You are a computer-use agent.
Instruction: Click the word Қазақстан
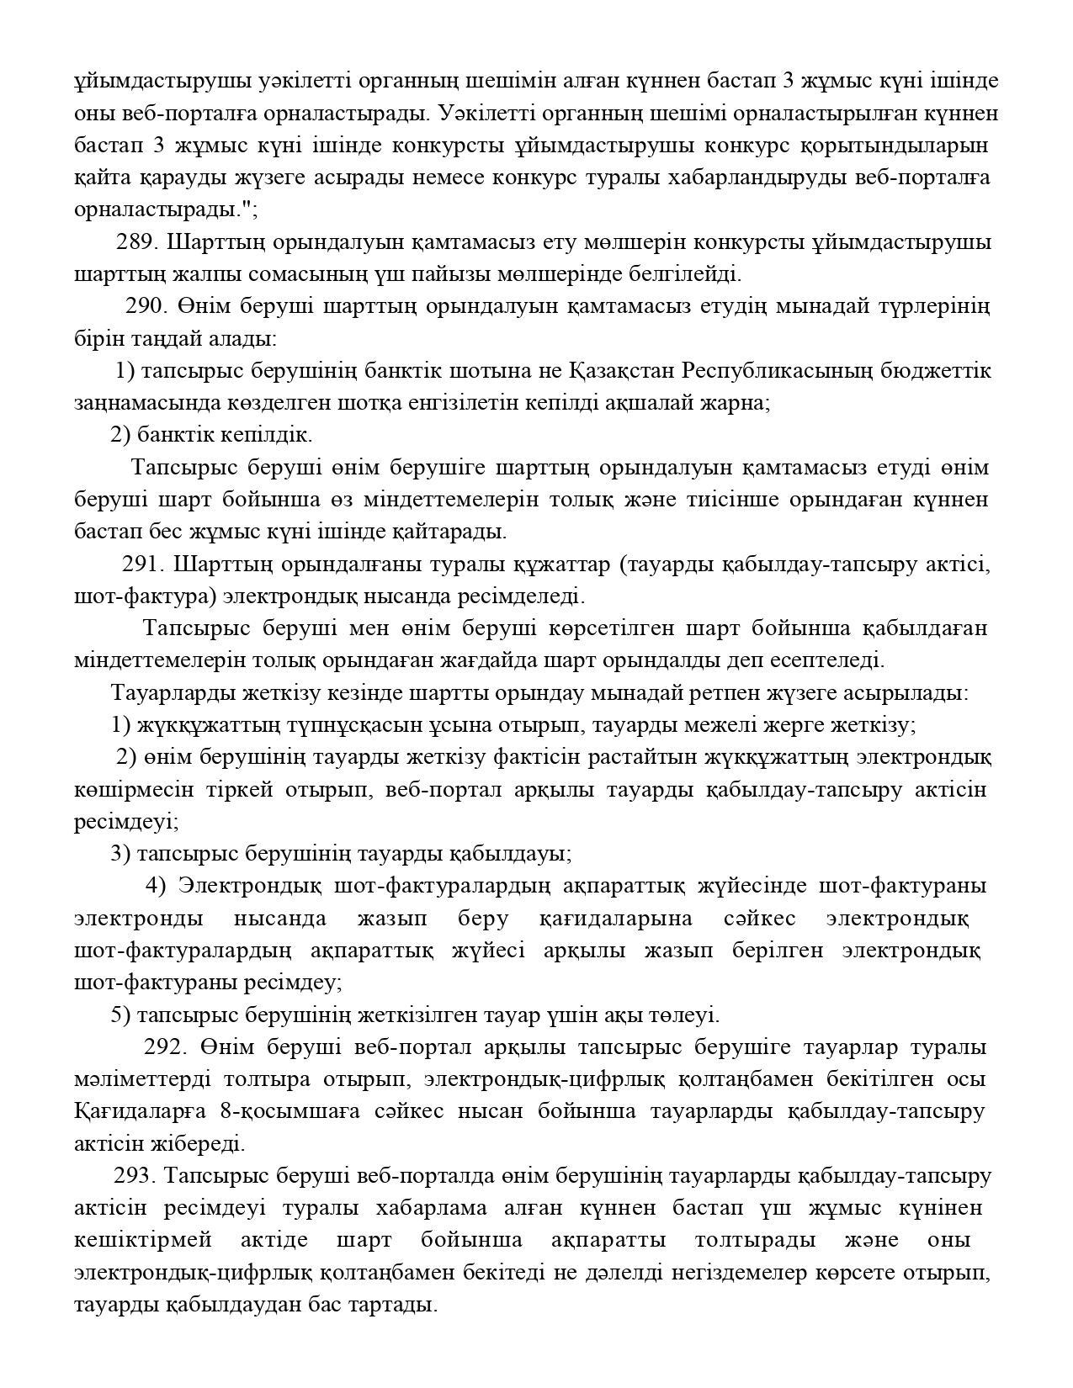[621, 370]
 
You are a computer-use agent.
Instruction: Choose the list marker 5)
[120, 1015]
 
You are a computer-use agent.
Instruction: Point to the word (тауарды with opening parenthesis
[661, 564]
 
